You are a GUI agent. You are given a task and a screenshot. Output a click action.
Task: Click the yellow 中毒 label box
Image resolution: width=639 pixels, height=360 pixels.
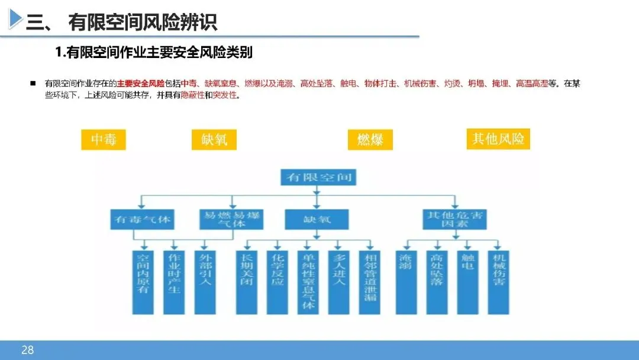(103, 140)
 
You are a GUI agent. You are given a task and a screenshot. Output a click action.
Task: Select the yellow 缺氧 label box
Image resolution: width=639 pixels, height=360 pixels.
(214, 140)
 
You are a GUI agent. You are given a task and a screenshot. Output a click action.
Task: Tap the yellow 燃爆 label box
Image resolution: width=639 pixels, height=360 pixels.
(370, 140)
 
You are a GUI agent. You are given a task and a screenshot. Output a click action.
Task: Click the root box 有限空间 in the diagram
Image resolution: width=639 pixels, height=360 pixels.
(317, 176)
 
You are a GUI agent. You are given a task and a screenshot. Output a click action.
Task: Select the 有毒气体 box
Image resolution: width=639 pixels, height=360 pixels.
(142, 220)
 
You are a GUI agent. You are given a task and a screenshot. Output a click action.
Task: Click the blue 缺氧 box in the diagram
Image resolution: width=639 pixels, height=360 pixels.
(317, 219)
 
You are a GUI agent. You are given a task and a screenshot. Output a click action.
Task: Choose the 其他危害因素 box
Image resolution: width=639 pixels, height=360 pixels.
(455, 219)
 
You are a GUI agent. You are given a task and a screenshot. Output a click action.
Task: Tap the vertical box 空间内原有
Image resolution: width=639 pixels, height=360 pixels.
(143, 281)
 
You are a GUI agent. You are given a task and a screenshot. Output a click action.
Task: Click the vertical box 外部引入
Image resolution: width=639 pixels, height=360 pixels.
(205, 281)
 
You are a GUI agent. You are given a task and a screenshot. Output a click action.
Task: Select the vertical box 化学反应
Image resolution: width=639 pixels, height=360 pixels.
(277, 281)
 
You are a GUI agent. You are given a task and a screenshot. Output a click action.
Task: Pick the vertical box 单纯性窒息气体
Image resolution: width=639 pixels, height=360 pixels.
(308, 281)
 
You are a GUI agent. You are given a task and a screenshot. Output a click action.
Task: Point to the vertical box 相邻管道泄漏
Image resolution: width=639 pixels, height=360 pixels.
(370, 281)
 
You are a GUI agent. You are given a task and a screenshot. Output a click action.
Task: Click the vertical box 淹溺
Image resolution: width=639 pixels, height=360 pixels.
(405, 281)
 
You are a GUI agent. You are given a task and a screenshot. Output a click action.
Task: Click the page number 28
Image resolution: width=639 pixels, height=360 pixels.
(27, 350)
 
